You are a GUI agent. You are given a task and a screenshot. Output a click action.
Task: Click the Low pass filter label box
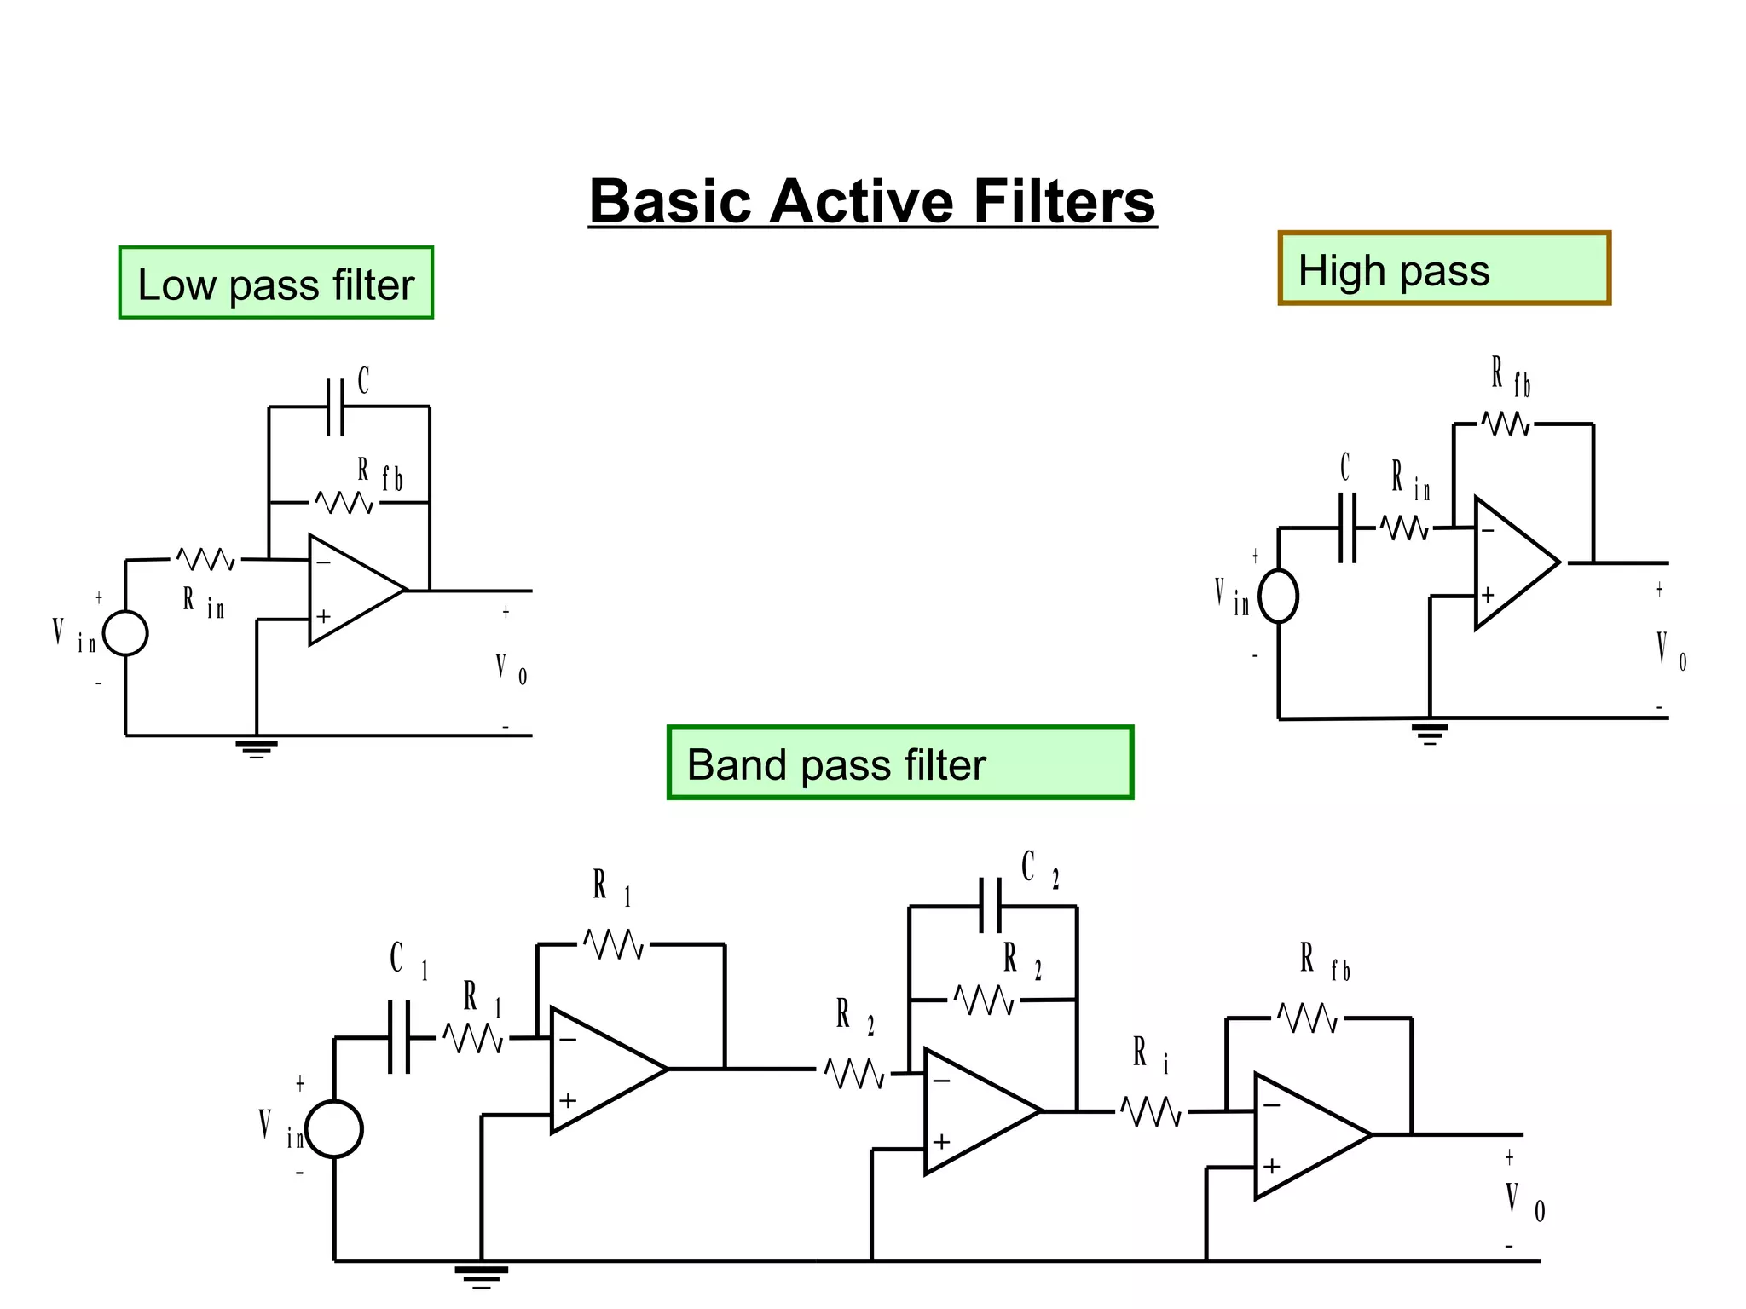pyautogui.click(x=275, y=284)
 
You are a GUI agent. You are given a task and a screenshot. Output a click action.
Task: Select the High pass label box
pyautogui.click(x=1443, y=268)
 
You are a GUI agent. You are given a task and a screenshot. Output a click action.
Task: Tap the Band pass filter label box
pyautogui.click(x=899, y=764)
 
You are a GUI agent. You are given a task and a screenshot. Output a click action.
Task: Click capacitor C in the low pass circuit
pyautogui.click(x=336, y=407)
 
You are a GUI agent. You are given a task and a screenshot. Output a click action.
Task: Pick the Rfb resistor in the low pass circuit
pyautogui.click(x=344, y=503)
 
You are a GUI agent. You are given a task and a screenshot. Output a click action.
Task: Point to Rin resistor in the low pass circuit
pyautogui.click(x=205, y=560)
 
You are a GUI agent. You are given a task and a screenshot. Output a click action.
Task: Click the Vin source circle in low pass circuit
pyautogui.click(x=125, y=633)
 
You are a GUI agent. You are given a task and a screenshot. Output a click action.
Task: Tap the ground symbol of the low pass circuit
pyautogui.click(x=257, y=747)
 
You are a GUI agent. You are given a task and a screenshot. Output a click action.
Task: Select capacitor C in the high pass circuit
pyautogui.click(x=1347, y=528)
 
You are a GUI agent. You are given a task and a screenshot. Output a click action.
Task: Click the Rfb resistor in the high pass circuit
pyautogui.click(x=1506, y=424)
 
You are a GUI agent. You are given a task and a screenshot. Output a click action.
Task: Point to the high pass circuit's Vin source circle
pyautogui.click(x=1278, y=597)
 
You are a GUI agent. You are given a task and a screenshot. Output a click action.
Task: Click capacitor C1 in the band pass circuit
pyautogui.click(x=399, y=1037)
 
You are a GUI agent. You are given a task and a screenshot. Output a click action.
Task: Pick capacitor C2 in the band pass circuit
pyautogui.click(x=990, y=907)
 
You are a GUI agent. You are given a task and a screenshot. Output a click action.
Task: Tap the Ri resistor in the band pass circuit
pyautogui.click(x=1151, y=1111)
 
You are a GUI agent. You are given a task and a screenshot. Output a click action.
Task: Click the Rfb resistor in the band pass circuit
pyautogui.click(x=1308, y=1018)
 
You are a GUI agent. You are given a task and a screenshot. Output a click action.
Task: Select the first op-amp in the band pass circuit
pyautogui.click(x=601, y=1070)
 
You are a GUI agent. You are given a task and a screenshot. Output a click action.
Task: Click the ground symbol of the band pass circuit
pyautogui.click(x=482, y=1275)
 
